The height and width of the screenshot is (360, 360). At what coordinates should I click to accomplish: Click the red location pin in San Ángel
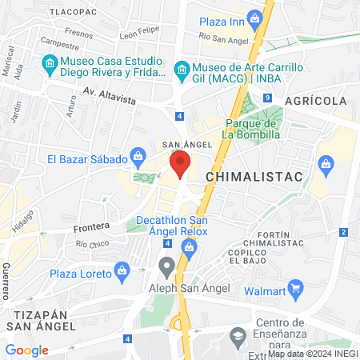point(180,166)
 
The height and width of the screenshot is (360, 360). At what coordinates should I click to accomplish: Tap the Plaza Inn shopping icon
point(254,18)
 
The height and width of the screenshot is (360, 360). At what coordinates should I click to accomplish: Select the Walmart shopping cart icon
point(295,287)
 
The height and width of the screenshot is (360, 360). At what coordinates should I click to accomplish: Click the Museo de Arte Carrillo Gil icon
point(182,69)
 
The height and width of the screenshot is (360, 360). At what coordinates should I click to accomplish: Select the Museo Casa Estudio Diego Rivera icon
point(50,62)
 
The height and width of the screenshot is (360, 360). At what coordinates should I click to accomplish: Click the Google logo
point(27,350)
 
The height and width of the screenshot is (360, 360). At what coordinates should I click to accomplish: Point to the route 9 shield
point(266,98)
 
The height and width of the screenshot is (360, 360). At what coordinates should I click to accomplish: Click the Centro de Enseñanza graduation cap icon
point(238,339)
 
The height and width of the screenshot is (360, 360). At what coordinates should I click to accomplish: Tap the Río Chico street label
point(93,243)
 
